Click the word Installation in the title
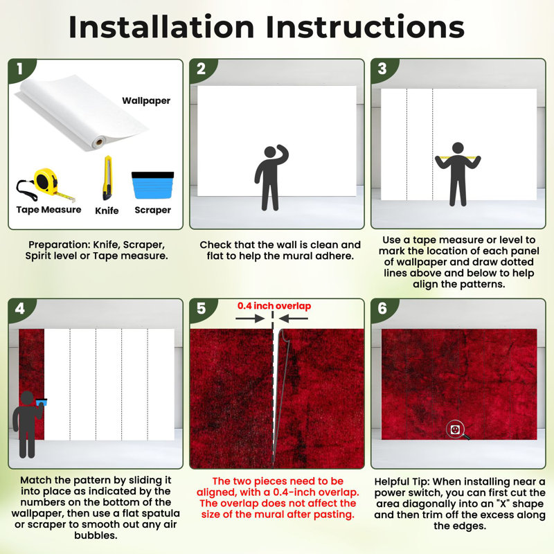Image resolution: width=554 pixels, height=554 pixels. point(161,27)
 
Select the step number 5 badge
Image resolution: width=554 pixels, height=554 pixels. point(202,308)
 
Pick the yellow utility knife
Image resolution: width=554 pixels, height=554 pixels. point(107,178)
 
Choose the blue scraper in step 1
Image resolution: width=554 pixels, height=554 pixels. point(152,185)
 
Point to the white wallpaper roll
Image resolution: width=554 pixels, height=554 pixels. point(81,113)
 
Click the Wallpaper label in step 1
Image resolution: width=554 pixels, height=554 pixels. point(146,101)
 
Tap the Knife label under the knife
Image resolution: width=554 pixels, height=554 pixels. point(107,211)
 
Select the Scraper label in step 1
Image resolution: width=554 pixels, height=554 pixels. point(152,211)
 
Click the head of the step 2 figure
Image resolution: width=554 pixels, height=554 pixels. point(270,152)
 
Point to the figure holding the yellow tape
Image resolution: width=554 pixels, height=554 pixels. point(458,174)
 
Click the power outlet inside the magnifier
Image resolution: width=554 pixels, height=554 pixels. point(455,429)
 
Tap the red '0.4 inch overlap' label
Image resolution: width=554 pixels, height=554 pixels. point(274,306)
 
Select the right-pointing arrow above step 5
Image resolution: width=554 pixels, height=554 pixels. point(250,319)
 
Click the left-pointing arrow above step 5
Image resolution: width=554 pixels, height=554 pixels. point(293,319)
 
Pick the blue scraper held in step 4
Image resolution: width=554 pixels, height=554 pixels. point(42,402)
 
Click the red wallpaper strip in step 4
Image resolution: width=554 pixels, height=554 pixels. point(31,384)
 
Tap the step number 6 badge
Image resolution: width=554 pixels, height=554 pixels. point(383,308)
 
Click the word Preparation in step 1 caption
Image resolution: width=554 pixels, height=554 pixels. point(59,245)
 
